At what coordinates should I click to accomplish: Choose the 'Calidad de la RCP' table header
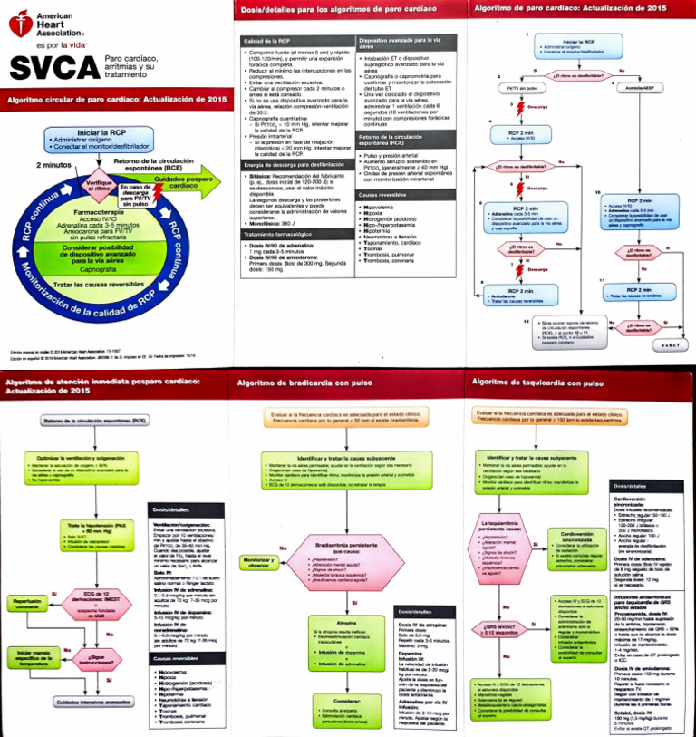pyautogui.click(x=265, y=41)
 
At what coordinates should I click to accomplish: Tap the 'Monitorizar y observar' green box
pyautogui.click(x=258, y=563)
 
